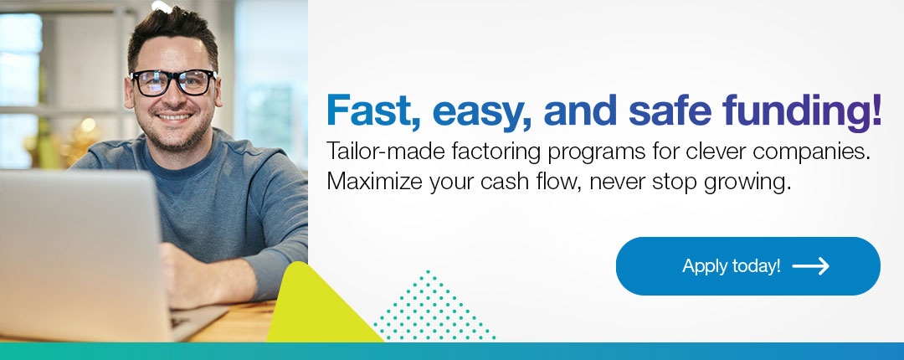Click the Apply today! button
click(747, 266)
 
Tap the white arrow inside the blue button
click(810, 266)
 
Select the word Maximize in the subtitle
click(374, 182)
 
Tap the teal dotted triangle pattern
click(434, 309)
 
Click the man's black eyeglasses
click(173, 82)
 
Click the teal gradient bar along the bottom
click(452, 352)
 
